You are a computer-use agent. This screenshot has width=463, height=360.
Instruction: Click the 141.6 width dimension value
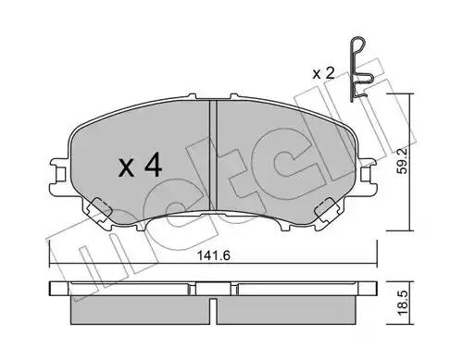tap(214, 255)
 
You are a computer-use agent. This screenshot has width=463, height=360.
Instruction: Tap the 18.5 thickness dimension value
tap(403, 303)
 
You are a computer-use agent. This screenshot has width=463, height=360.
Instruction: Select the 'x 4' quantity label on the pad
tap(140, 167)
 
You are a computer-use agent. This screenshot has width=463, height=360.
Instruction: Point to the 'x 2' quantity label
tap(323, 74)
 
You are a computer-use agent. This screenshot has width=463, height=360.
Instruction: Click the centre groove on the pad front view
tap(213, 155)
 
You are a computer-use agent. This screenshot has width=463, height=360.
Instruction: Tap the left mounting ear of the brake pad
tap(59, 176)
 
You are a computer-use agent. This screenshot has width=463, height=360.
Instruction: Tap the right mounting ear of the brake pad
tap(368, 176)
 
